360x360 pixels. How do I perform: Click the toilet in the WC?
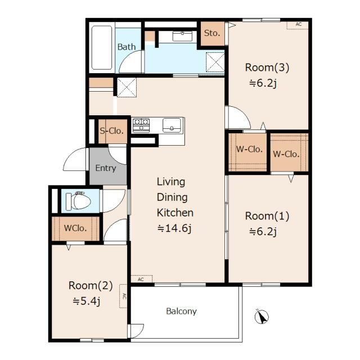point(78,201)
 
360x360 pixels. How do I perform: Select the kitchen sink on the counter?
point(172,125)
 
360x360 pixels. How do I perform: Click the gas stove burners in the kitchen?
point(141,125)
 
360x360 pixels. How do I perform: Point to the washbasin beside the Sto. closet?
point(182,36)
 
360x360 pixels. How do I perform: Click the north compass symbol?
point(262,316)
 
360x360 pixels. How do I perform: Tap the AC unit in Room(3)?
point(298,25)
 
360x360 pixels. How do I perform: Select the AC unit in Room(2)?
point(123,296)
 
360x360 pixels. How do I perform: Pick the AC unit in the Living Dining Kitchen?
point(141,279)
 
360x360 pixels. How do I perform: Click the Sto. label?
point(212,33)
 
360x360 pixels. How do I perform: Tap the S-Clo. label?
point(112,131)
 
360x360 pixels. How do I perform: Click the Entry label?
point(106,168)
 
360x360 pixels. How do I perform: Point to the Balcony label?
point(181,311)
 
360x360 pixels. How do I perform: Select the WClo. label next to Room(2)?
point(75,228)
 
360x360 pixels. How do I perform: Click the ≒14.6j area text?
point(174,228)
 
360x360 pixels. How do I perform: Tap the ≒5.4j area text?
point(86,301)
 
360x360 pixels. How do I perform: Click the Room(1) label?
point(267,216)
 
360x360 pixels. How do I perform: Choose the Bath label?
point(127,47)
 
